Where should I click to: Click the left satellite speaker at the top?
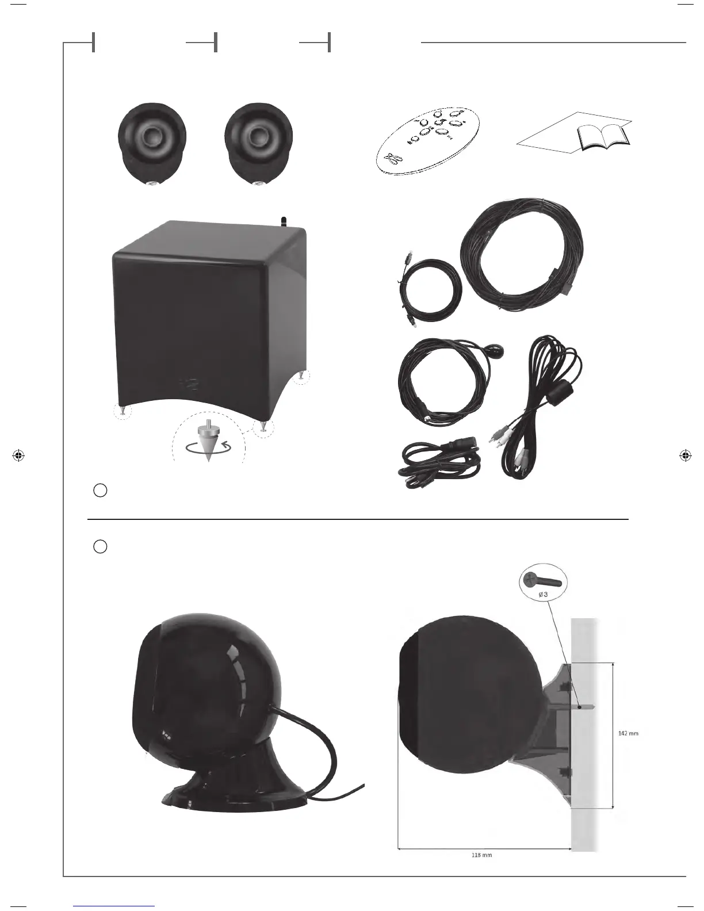click(x=152, y=143)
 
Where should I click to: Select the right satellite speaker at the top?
click(x=259, y=143)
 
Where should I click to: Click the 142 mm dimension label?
click(x=628, y=733)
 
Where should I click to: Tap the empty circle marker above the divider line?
click(x=100, y=491)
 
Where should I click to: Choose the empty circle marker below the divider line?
click(x=100, y=546)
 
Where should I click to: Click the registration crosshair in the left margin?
click(x=18, y=455)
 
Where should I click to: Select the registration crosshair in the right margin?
click(x=684, y=455)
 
